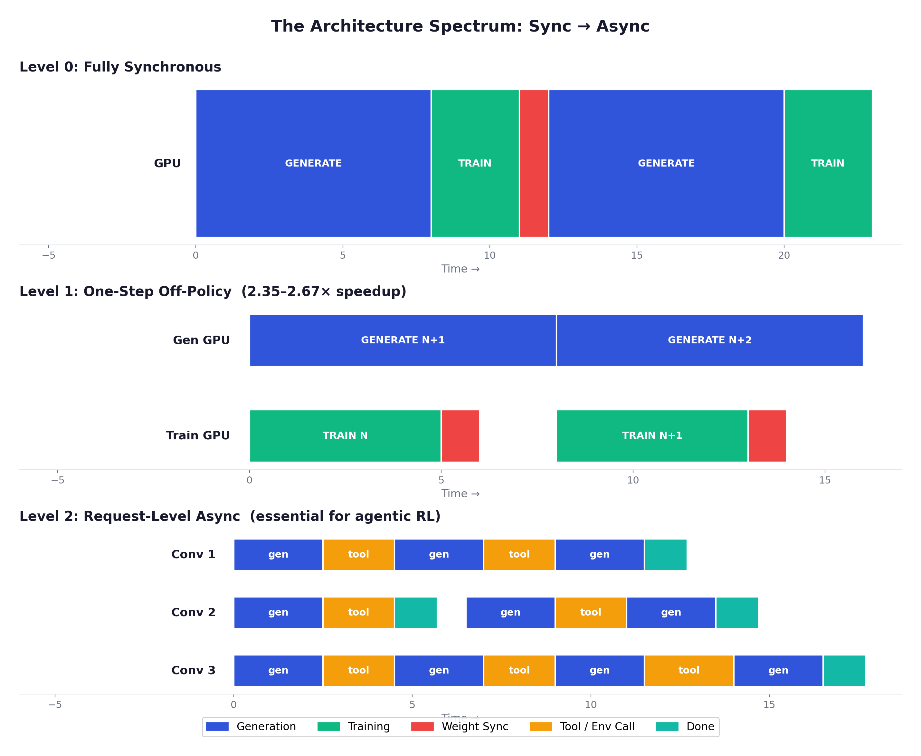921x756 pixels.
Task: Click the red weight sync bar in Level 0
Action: click(x=534, y=163)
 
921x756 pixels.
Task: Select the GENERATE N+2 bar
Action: click(x=709, y=340)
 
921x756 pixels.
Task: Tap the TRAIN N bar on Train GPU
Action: click(x=345, y=435)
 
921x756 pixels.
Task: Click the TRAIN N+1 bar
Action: click(x=652, y=435)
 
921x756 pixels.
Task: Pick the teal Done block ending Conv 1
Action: click(x=666, y=554)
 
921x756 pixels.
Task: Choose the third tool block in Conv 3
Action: click(x=688, y=670)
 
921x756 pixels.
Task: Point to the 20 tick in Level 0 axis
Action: click(x=783, y=255)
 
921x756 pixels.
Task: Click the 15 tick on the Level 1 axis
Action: click(x=824, y=480)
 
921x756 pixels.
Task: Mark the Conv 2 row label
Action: click(x=193, y=612)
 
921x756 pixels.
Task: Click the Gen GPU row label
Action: click(x=201, y=340)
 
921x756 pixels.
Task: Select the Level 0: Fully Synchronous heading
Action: click(x=120, y=67)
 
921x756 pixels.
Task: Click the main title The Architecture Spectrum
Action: click(x=460, y=26)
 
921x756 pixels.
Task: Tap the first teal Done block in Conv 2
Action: click(x=416, y=612)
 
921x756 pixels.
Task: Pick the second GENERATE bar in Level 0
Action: click(x=666, y=163)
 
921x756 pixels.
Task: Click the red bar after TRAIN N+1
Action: click(x=767, y=435)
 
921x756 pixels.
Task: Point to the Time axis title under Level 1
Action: click(x=460, y=493)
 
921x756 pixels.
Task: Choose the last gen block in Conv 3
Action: click(x=778, y=670)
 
